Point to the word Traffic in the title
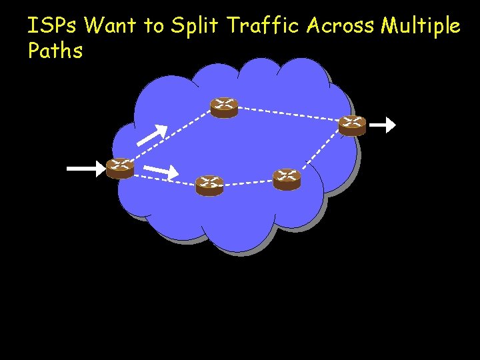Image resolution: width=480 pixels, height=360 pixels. click(x=265, y=27)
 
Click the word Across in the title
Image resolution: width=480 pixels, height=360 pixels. click(x=341, y=27)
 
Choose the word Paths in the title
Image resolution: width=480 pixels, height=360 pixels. click(x=55, y=51)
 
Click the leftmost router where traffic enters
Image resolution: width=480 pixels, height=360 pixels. click(x=120, y=168)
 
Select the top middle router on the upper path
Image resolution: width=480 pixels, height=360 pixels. click(x=224, y=107)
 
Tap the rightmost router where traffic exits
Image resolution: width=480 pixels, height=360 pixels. click(x=352, y=125)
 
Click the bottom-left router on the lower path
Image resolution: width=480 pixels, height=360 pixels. click(x=209, y=185)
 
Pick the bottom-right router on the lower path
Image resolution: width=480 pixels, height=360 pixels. click(x=287, y=179)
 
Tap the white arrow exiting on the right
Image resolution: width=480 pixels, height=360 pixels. click(x=383, y=125)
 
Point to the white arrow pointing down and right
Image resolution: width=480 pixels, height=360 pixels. click(x=161, y=171)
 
